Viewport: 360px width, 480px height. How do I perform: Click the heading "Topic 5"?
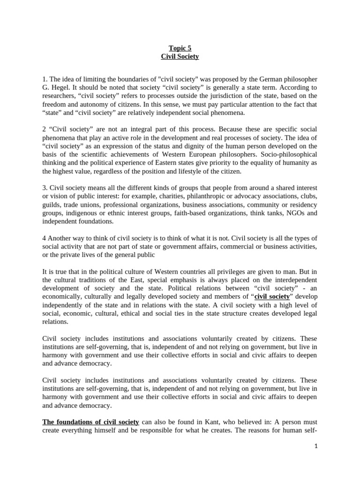click(x=180, y=48)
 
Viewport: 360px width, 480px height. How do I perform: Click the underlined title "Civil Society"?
click(x=180, y=57)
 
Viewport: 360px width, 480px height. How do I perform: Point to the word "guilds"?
click(x=51, y=205)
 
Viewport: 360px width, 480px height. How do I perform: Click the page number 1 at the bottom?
click(x=316, y=446)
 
